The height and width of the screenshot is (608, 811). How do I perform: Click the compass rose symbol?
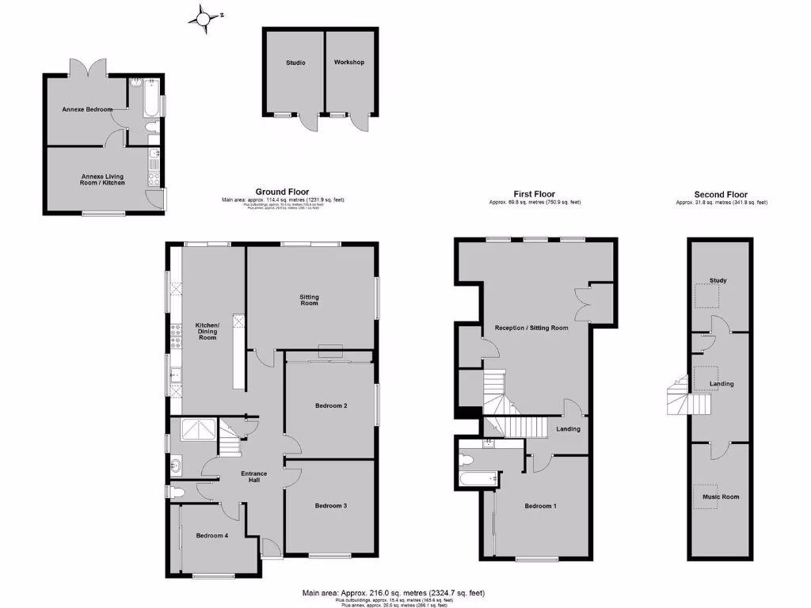click(206, 17)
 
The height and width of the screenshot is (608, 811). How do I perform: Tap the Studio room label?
click(295, 63)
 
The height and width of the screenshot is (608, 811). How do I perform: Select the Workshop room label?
click(348, 63)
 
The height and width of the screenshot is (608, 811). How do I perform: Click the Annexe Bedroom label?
click(87, 109)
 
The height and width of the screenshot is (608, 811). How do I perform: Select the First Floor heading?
click(534, 194)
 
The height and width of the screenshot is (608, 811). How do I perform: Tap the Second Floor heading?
click(721, 194)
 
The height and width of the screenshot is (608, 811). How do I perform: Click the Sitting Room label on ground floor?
click(309, 300)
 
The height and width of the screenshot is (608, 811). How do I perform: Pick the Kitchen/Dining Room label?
click(207, 331)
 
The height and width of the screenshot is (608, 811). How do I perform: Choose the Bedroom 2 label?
click(331, 405)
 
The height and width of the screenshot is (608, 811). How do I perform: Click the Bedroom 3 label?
click(330, 505)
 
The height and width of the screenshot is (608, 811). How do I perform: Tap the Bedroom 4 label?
click(211, 535)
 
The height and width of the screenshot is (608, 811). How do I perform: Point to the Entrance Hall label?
click(254, 477)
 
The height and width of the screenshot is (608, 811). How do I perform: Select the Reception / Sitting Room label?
click(531, 328)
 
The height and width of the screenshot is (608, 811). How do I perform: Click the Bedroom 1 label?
click(540, 505)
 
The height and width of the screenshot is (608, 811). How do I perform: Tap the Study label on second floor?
click(718, 280)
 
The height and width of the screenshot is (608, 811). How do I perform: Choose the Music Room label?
click(721, 496)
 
